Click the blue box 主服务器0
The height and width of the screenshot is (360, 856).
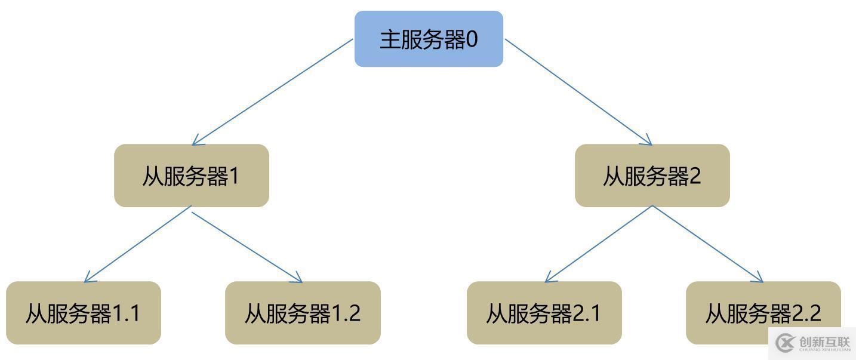click(x=429, y=39)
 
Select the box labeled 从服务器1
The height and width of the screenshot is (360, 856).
click(x=192, y=176)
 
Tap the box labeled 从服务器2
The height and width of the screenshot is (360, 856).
click(x=652, y=176)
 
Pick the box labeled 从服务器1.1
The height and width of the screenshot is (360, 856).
click(x=84, y=313)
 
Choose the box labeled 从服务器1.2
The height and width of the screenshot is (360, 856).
click(x=303, y=313)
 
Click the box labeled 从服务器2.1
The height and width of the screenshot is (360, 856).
click(x=544, y=313)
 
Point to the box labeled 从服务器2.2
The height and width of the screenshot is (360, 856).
click(x=763, y=313)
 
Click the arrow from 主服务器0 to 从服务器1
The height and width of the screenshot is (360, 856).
click(x=272, y=92)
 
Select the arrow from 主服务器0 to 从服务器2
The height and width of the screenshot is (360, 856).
click(x=578, y=92)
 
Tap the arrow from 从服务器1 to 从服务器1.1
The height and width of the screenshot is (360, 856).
click(x=137, y=244)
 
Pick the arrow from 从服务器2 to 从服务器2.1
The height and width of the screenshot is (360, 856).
click(x=599, y=244)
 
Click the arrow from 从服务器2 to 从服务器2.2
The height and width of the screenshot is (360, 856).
click(x=708, y=244)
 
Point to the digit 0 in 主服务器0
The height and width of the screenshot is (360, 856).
click(x=472, y=39)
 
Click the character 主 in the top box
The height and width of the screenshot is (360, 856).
click(x=390, y=39)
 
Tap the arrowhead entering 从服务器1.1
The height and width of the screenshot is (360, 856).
click(x=90, y=277)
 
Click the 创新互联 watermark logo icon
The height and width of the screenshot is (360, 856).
click(x=786, y=343)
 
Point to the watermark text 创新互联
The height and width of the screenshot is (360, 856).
click(x=824, y=341)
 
